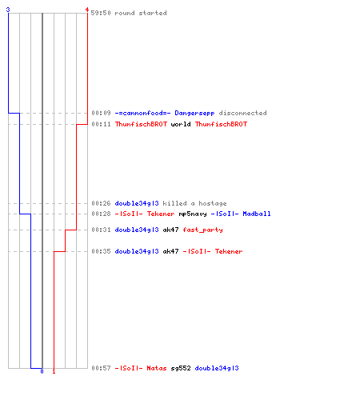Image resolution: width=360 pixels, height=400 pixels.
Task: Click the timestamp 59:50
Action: pos(101,13)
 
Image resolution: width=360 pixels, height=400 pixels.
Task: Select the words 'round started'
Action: pos(141,13)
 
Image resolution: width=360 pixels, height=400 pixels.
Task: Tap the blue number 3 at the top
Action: pos(8,10)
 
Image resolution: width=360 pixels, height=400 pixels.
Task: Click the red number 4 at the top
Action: pos(86,10)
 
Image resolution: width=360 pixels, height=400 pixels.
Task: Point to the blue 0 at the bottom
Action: pos(42,371)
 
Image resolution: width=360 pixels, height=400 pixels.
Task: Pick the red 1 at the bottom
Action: pos(54,371)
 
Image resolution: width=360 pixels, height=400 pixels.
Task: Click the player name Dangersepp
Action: pos(194,113)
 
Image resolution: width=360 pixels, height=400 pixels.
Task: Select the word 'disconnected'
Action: pos(242,113)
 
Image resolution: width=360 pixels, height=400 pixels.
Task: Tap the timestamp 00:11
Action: pos(101,124)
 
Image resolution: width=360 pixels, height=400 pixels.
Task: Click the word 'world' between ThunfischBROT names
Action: pos(181,124)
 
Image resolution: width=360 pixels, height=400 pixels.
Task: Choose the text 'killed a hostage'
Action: pos(194,203)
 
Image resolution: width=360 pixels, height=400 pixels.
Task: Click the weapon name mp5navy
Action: pos(193,214)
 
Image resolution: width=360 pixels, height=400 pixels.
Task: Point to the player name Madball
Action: pos(257,214)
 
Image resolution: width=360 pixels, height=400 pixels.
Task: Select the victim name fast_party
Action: pos(202,230)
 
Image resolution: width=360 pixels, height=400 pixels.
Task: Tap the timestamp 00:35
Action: pos(101,251)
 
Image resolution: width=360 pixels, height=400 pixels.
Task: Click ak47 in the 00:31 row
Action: pos(170,230)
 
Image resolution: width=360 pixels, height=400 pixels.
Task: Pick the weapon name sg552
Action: pos(181,368)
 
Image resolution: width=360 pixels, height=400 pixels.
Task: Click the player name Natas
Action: pos(157,368)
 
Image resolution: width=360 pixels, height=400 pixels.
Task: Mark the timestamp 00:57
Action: pos(101,368)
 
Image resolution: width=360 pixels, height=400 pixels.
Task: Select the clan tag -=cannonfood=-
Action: pos(142,113)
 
